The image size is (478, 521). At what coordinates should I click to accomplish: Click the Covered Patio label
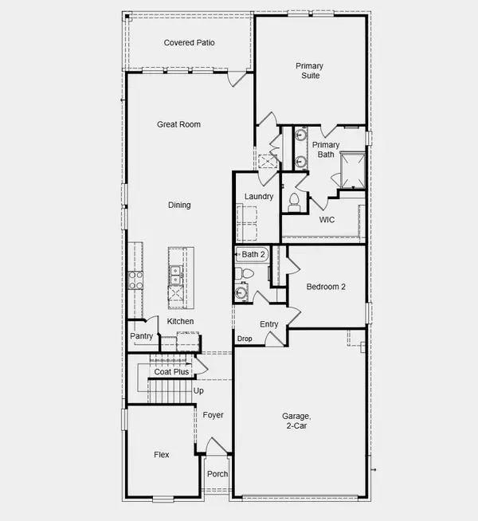[189, 43]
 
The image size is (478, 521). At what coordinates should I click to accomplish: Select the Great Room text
[178, 124]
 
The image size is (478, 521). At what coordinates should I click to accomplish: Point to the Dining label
[179, 205]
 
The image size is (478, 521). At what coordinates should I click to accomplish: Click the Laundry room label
[259, 197]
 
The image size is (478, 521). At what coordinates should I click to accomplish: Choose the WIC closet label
[327, 220]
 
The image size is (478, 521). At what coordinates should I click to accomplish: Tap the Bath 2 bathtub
[253, 254]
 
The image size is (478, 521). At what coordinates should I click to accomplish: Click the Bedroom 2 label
[326, 286]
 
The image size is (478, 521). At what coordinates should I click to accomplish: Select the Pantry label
[141, 336]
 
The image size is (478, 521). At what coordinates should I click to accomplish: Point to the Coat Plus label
[171, 371]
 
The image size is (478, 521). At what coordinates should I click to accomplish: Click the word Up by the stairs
[198, 390]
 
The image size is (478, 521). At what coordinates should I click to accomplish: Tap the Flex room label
[162, 455]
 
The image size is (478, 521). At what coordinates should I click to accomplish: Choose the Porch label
[217, 474]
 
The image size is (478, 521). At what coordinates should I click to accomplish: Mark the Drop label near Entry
[245, 339]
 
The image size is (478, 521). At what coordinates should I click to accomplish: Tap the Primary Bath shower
[351, 168]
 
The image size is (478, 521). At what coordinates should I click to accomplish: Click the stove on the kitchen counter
[135, 279]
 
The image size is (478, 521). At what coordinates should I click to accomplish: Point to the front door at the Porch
[215, 446]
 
